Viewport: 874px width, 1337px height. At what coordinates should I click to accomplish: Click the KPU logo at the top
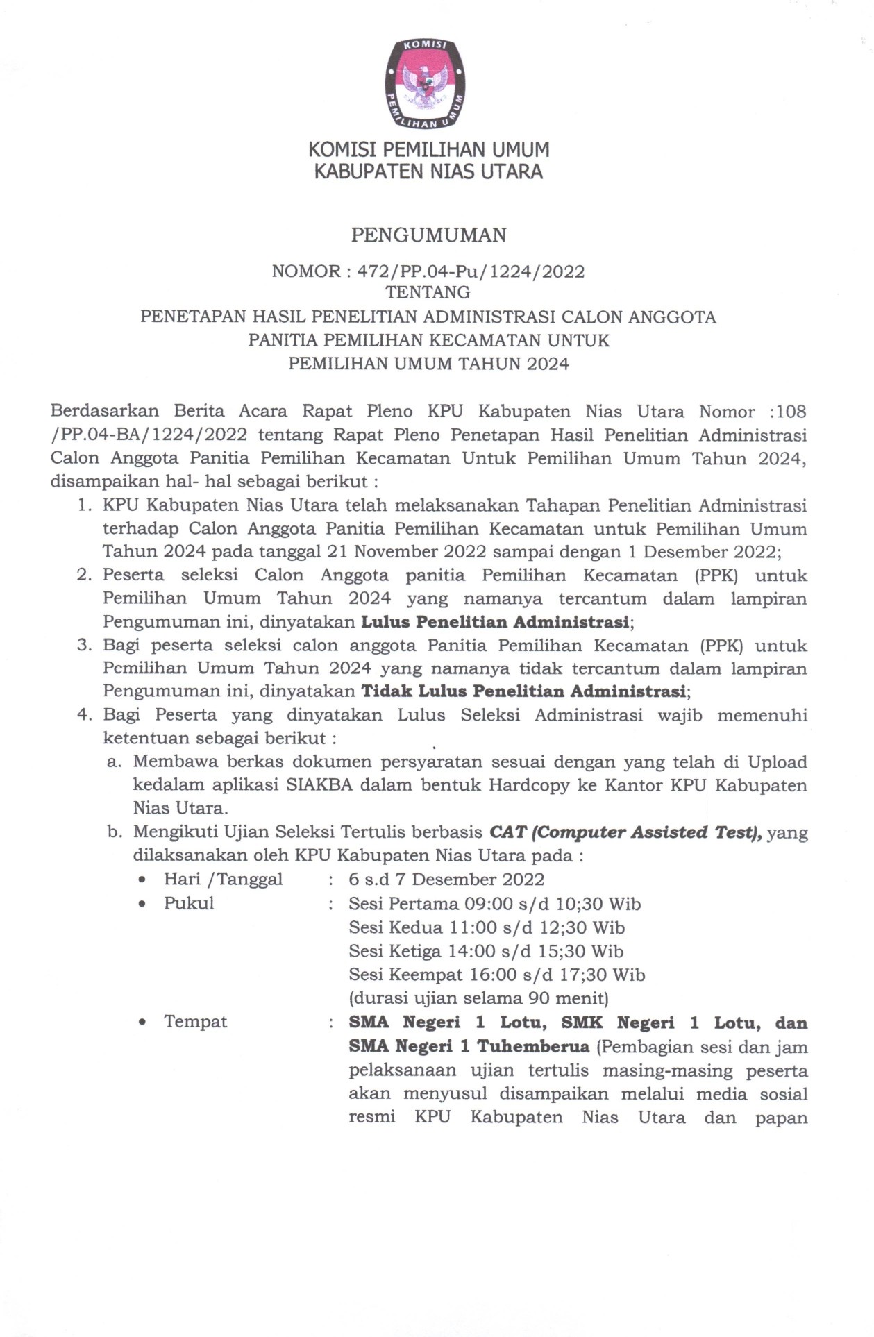424,84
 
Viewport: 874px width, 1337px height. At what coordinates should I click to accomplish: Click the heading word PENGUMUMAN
428,235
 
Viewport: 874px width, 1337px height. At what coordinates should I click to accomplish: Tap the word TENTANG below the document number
428,292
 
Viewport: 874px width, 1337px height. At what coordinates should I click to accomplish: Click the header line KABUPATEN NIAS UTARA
428,171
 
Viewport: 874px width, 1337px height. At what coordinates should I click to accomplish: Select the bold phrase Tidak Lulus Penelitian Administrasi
523,691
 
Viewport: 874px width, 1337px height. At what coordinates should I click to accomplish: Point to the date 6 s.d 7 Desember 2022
446,879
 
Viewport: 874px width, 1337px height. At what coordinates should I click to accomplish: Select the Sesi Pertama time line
494,904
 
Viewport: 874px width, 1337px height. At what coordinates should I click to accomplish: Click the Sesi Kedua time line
487,927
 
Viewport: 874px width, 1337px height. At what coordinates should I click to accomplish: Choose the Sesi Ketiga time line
486,951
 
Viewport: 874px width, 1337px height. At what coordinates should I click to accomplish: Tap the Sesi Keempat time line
496,975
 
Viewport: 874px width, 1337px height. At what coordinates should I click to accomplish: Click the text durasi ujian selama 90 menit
478,998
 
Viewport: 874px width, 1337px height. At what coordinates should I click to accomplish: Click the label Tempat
195,1022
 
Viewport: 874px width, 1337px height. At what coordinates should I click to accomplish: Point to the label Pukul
189,904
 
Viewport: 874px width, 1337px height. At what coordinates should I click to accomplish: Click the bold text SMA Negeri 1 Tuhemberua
469,1046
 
